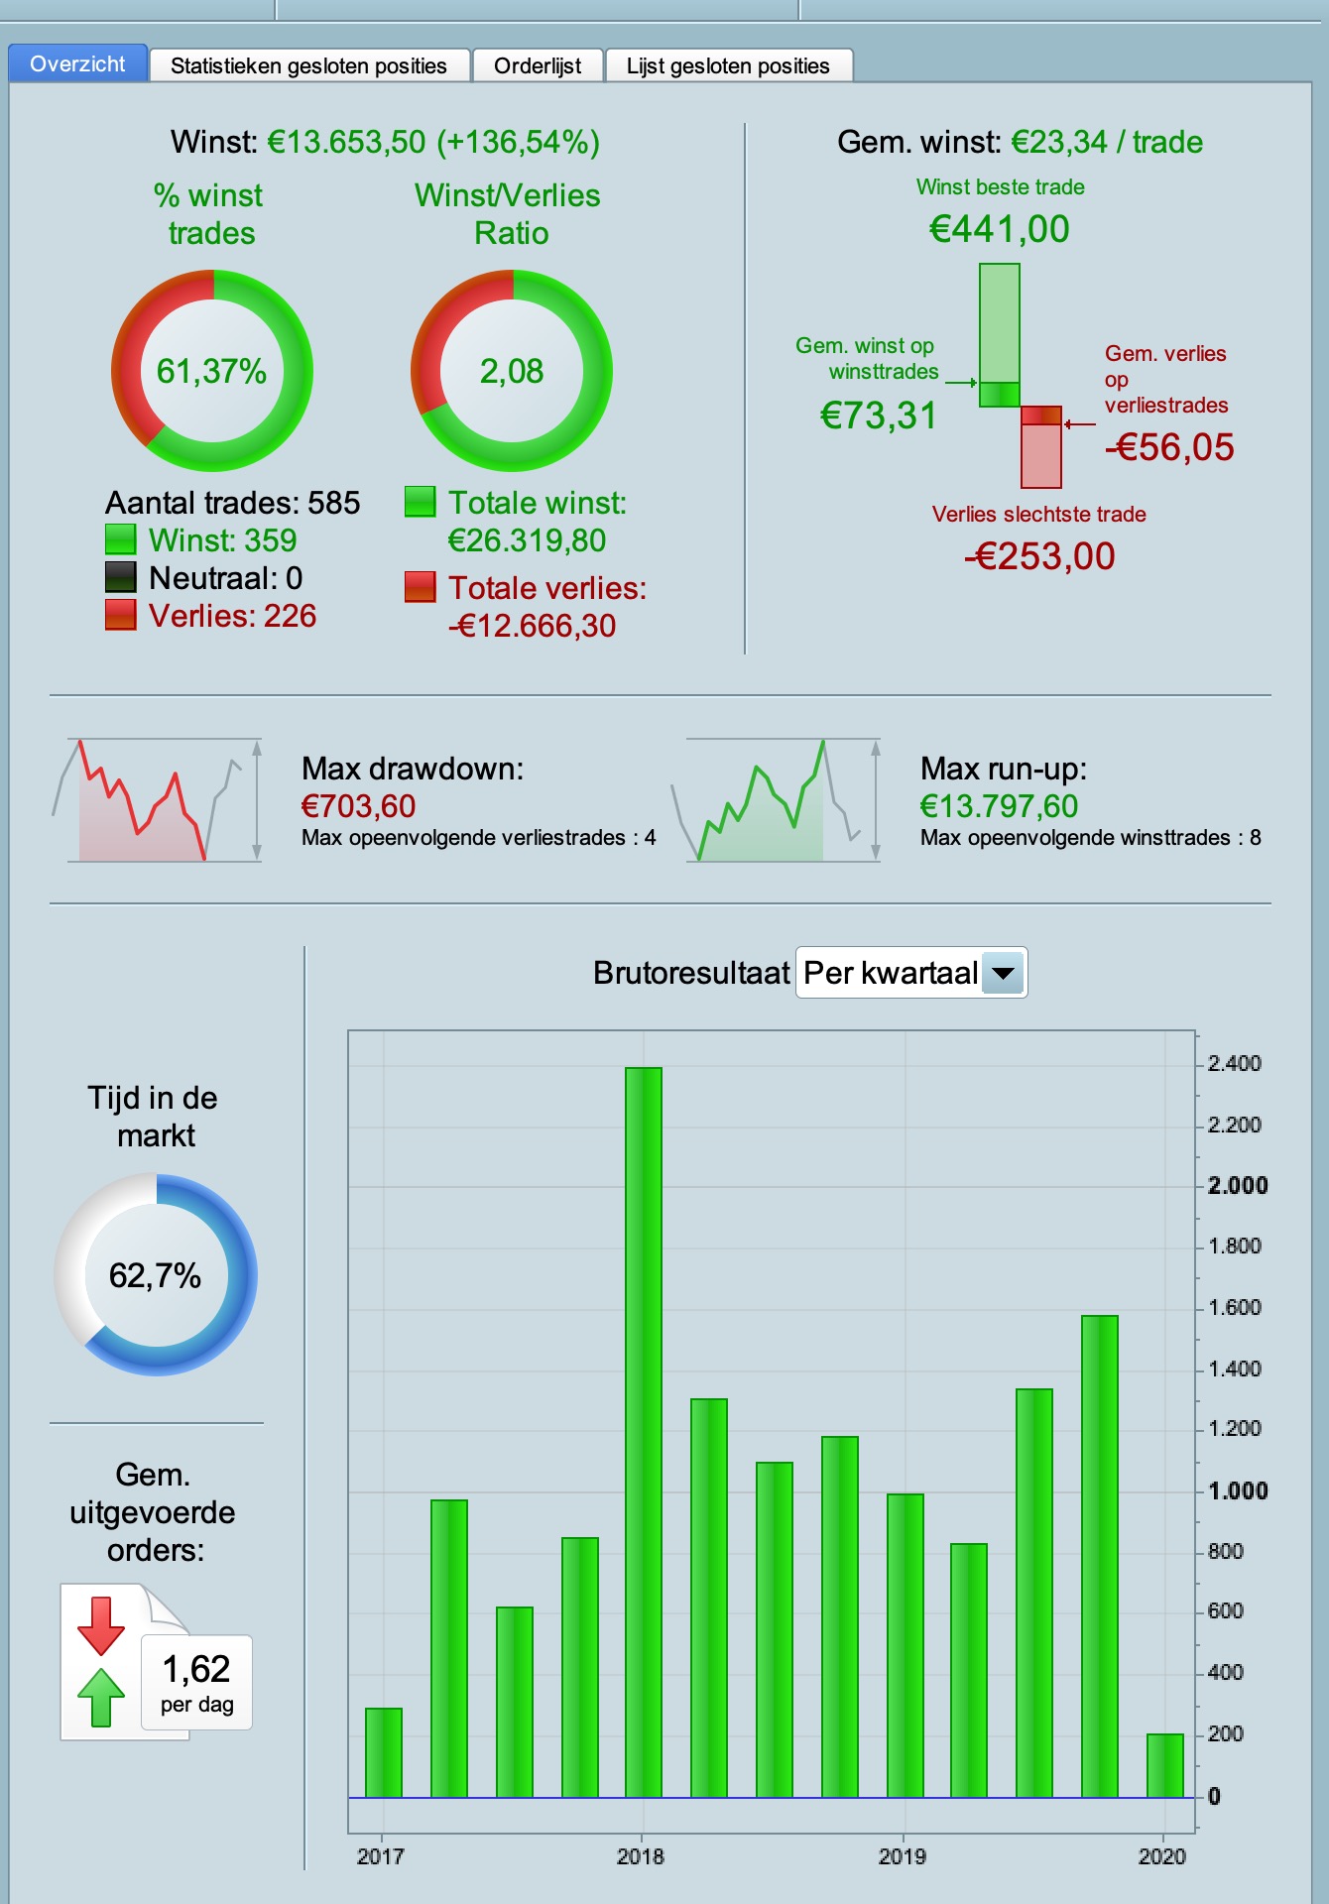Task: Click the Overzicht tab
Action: (x=77, y=64)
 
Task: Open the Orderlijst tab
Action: (x=538, y=66)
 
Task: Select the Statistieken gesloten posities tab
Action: (x=308, y=66)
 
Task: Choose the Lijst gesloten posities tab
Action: (x=728, y=66)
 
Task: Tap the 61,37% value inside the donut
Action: (x=211, y=371)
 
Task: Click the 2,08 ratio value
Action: (x=512, y=371)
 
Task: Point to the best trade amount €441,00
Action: (x=999, y=229)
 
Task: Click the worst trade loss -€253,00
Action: (x=1039, y=556)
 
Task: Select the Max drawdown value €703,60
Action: (x=358, y=806)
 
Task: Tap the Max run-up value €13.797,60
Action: (x=999, y=806)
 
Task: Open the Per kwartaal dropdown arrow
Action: (x=1004, y=973)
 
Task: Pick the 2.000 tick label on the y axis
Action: (x=1237, y=1186)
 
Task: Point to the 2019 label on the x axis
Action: (x=902, y=1856)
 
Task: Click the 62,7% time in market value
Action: (x=155, y=1275)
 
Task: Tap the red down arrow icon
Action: (x=101, y=1624)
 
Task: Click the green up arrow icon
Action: (x=101, y=1698)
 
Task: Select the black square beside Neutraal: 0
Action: (x=121, y=577)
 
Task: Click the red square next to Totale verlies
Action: (x=421, y=587)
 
